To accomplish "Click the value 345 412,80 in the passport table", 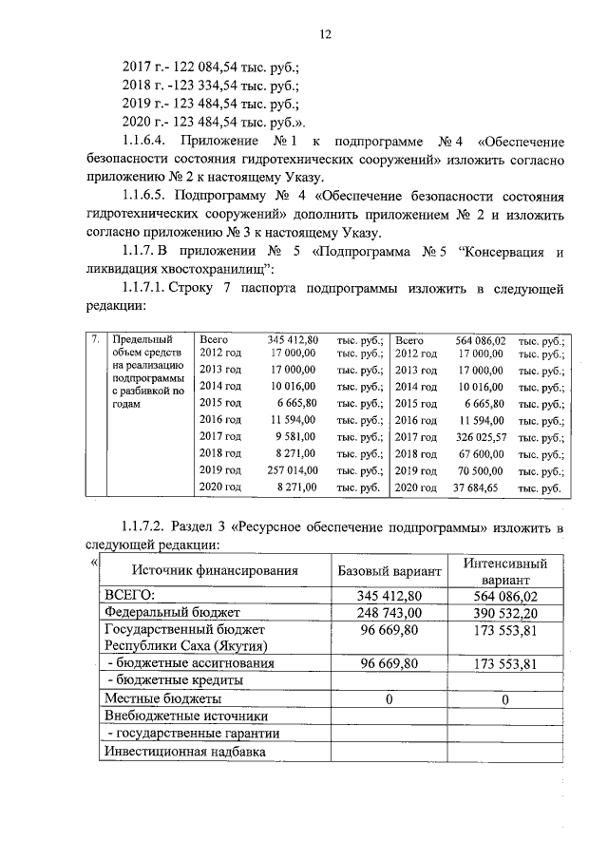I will click(293, 339).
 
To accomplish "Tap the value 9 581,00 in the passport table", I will click(298, 436).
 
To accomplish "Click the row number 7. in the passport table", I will click(94, 339).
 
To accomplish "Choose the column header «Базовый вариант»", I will click(389, 571).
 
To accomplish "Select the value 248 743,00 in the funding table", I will click(389, 611).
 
